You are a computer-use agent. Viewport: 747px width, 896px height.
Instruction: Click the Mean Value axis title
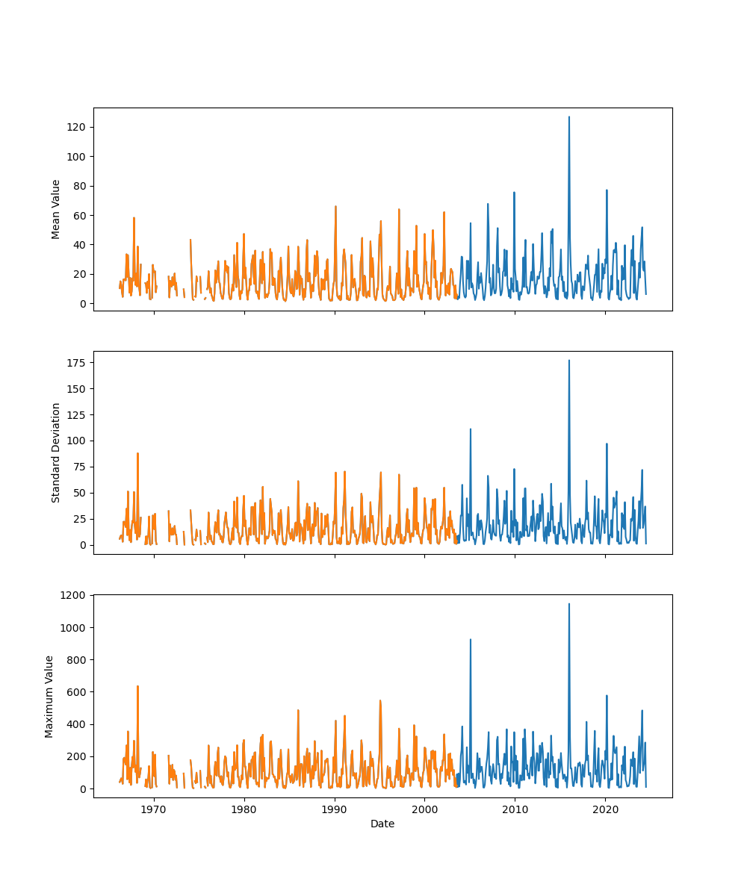pos(56,209)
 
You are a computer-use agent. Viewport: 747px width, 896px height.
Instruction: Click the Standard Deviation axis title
pos(56,452)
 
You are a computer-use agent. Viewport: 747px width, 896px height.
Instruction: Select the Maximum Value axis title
pos(49,696)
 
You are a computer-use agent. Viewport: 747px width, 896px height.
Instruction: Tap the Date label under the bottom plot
pos(382,824)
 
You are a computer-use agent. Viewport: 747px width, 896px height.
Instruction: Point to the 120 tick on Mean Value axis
pos(78,127)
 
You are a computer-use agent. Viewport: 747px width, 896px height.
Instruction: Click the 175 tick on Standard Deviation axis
pos(78,363)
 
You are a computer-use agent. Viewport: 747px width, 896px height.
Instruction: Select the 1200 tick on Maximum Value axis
pos(75,595)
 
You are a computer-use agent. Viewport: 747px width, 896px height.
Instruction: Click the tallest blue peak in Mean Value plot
pos(568,117)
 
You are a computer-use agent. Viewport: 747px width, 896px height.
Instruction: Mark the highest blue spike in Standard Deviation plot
pos(568,361)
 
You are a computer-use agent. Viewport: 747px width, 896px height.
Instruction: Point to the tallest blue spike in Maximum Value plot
pos(568,604)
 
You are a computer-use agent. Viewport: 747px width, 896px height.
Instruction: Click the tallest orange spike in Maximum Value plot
pos(137,686)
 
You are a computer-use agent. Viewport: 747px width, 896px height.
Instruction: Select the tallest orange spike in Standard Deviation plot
pos(137,453)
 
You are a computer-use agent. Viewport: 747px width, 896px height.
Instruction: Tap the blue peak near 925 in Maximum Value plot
pos(470,639)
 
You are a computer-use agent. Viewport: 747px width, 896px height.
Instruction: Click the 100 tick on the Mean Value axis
pos(78,156)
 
